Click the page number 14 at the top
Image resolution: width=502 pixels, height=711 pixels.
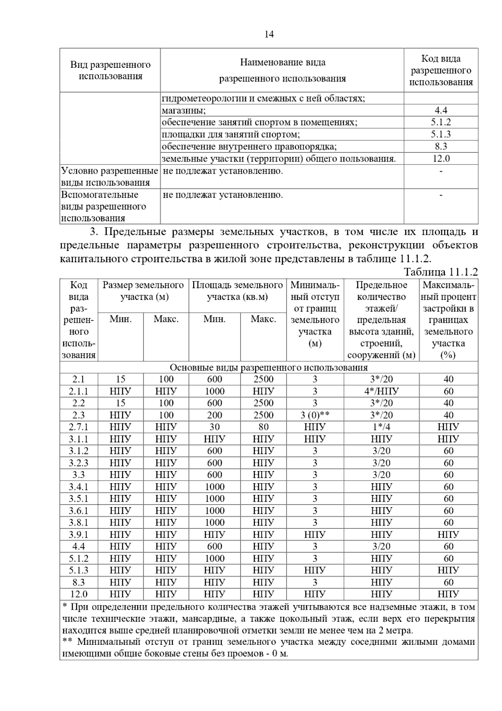tap(269, 34)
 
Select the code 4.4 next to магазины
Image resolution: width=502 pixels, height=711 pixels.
tap(441, 111)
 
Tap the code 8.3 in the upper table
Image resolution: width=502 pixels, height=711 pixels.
tap(441, 147)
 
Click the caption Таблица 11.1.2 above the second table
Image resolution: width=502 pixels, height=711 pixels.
tap(441, 272)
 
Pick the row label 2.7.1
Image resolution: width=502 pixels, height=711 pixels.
tap(78, 427)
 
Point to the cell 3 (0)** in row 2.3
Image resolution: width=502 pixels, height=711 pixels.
tap(315, 415)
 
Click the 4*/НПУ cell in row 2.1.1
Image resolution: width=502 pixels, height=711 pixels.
tap(381, 392)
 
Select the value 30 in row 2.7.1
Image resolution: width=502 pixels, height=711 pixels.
tap(214, 427)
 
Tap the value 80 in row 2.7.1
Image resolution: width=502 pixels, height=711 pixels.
tap(263, 427)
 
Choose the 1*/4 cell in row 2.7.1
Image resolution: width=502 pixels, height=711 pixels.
tap(381, 427)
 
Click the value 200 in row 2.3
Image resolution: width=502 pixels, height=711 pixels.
tap(214, 415)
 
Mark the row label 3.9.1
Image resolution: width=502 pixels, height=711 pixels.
tap(78, 535)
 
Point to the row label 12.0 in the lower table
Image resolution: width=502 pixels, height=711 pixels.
tap(78, 594)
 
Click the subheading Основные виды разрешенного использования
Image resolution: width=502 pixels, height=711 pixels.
tap(269, 368)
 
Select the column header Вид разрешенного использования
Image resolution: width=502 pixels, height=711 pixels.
tap(110, 70)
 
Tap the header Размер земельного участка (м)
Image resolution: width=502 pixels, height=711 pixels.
tap(143, 291)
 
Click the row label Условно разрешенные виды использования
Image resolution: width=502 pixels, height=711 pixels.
tap(110, 177)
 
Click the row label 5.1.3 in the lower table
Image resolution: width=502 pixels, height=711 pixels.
tap(78, 570)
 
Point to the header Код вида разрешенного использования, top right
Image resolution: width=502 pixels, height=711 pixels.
tap(441, 70)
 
